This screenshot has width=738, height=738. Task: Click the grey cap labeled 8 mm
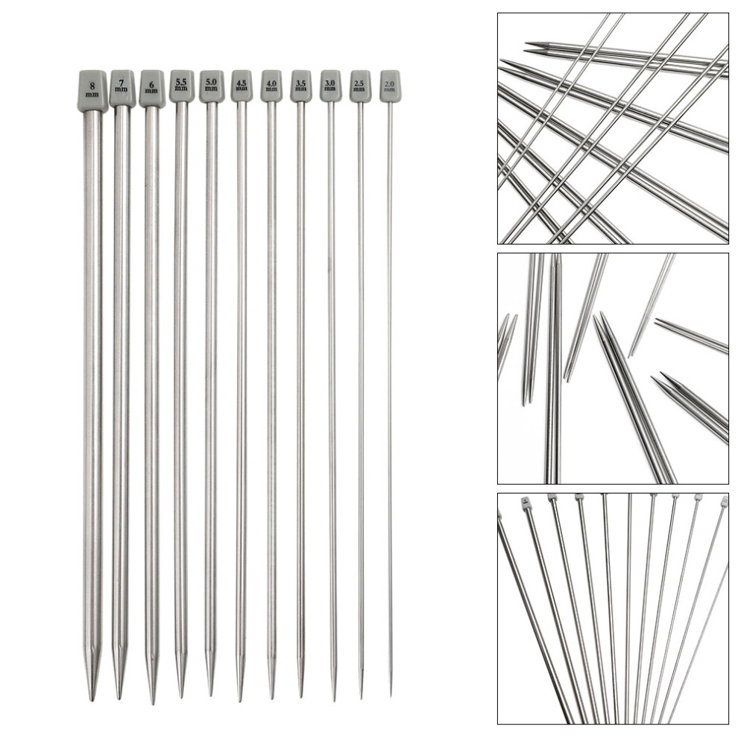click(x=92, y=91)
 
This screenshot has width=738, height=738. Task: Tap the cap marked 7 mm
click(x=122, y=88)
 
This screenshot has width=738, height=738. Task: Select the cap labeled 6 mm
click(x=151, y=88)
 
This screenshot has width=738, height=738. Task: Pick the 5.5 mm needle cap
click(x=181, y=86)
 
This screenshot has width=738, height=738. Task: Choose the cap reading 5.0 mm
click(x=211, y=86)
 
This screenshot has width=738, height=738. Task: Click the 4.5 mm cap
click(x=242, y=86)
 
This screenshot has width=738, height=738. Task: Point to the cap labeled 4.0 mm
click(x=271, y=86)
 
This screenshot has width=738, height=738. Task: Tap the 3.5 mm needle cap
click(x=300, y=86)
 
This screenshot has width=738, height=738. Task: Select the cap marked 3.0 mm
click(x=330, y=86)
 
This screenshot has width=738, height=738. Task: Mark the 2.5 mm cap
click(x=360, y=86)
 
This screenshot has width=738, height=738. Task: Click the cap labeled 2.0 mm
click(x=390, y=86)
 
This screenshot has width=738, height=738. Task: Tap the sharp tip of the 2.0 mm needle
click(x=391, y=696)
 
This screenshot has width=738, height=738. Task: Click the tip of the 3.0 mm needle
click(x=332, y=700)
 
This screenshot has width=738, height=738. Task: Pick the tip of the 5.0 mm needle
click(x=210, y=696)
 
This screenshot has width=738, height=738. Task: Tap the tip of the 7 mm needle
click(x=119, y=698)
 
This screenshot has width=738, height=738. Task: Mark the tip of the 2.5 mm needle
click(x=362, y=698)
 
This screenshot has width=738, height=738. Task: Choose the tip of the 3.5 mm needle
click(x=300, y=697)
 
